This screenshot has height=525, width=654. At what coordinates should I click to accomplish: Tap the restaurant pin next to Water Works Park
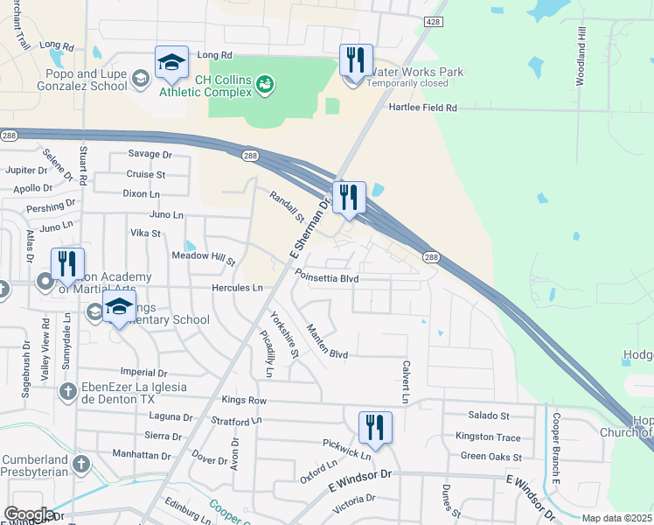pyautogui.click(x=356, y=62)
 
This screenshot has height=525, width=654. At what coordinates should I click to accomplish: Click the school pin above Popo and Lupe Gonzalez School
pyautogui.click(x=171, y=63)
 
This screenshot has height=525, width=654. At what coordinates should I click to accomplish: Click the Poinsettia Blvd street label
pyautogui.click(x=328, y=278)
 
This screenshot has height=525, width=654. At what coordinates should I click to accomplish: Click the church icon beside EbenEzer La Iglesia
pyautogui.click(x=67, y=390)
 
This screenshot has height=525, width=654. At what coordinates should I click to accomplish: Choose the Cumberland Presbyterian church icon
pyautogui.click(x=81, y=463)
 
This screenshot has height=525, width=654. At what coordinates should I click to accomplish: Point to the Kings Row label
pyautogui.click(x=244, y=400)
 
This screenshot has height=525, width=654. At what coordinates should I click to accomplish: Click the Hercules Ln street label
pyautogui.click(x=237, y=287)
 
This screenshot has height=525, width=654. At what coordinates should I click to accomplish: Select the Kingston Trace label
pyautogui.click(x=488, y=437)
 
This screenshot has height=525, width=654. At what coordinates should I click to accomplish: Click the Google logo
pyautogui.click(x=29, y=514)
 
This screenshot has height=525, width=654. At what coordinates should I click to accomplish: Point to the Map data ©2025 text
pyautogui.click(x=617, y=518)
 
